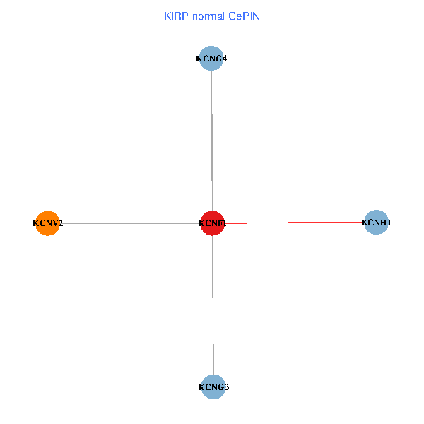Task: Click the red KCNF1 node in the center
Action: [212, 223]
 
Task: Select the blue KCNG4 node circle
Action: [212, 58]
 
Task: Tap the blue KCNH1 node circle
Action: [377, 223]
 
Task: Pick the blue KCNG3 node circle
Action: [213, 387]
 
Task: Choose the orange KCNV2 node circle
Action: [47, 223]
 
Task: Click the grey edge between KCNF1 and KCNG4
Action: [212, 141]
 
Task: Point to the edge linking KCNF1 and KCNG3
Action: [213, 304]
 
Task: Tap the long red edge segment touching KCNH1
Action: [325, 223]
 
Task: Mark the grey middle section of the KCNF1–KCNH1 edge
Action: [267, 223]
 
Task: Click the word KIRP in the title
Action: [174, 16]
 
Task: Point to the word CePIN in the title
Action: [244, 16]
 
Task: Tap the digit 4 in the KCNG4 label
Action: [224, 59]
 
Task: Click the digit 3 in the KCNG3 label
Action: [226, 387]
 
